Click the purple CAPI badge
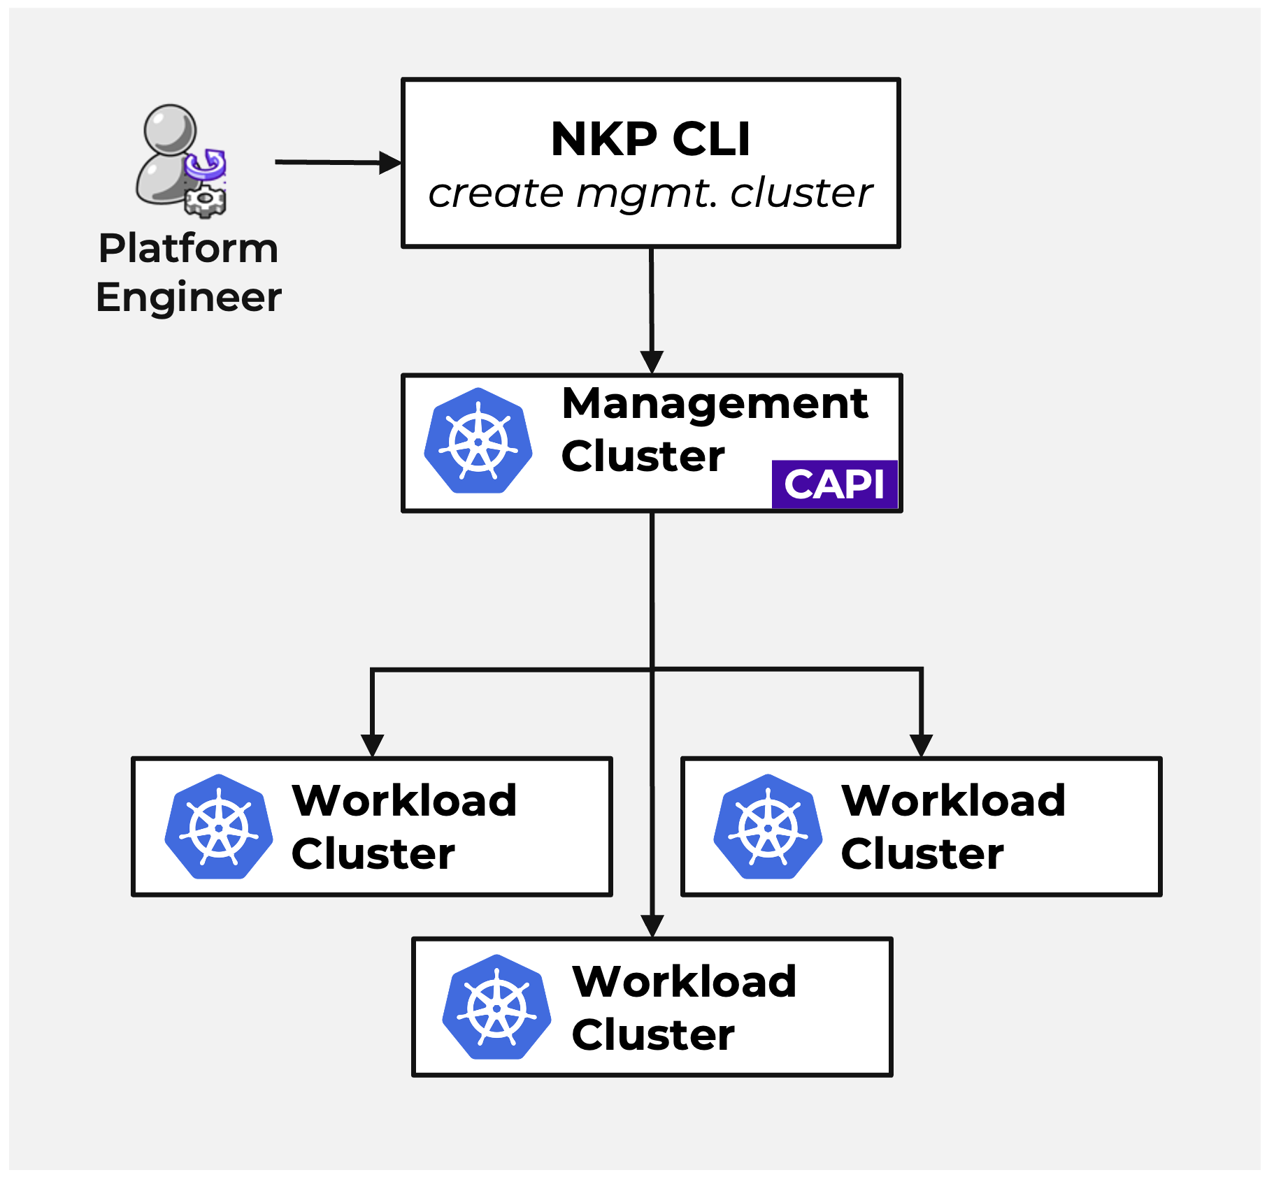tap(834, 484)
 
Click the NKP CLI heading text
tap(650, 138)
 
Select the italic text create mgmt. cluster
tap(650, 194)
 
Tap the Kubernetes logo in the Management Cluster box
tap(478, 441)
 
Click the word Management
tap(715, 403)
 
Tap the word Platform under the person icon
tap(188, 248)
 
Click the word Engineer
tap(188, 297)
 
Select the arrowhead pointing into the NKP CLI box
tap(390, 163)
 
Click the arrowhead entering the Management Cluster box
tap(652, 362)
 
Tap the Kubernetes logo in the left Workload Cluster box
tap(219, 827)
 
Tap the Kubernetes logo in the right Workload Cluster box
tap(768, 827)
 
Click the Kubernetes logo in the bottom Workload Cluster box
tap(496, 1007)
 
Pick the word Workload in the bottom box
tap(684, 981)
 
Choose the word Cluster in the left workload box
tap(373, 854)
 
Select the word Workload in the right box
tap(953, 800)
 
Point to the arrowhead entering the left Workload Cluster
tap(372, 745)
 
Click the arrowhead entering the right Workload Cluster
tap(921, 745)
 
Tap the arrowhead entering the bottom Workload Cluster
tap(652, 926)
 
